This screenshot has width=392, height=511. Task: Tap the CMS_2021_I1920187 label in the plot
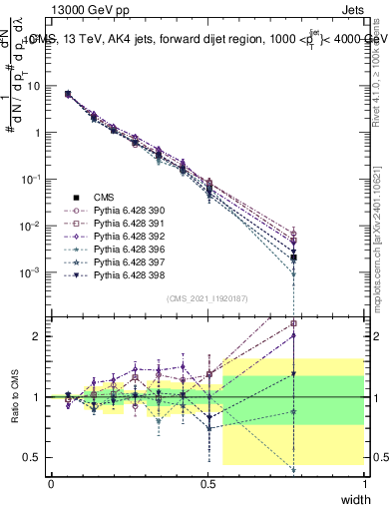[x=206, y=298]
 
